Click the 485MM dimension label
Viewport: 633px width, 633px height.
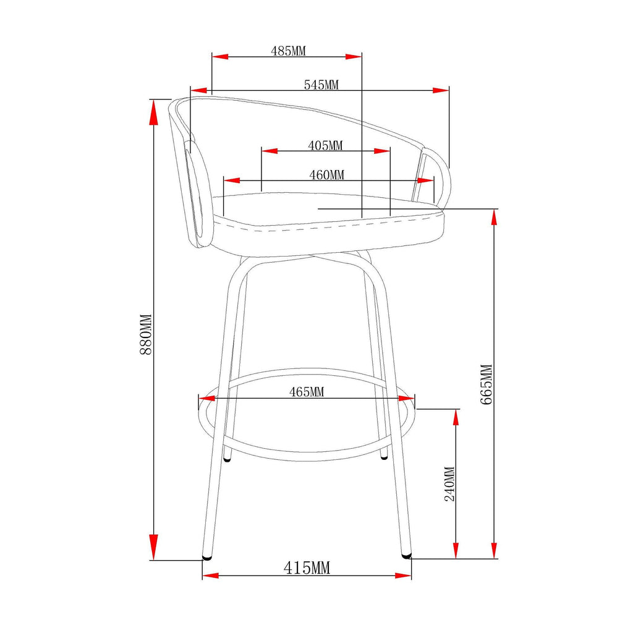[288, 51]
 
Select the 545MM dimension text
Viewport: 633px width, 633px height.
[321, 85]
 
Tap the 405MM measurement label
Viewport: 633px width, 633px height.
[325, 145]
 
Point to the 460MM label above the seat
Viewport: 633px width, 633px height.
[326, 175]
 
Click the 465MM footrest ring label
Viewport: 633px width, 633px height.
[307, 391]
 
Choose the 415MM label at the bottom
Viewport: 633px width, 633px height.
[307, 567]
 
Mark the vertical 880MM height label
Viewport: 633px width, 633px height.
[145, 334]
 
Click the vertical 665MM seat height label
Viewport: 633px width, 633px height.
[486, 384]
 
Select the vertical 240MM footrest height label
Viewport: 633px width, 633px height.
[449, 483]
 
